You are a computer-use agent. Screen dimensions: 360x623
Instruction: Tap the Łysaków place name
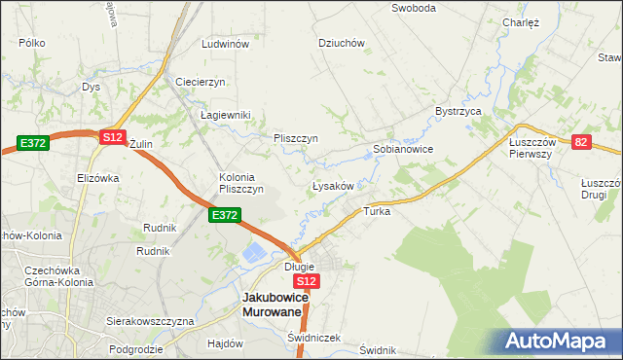tap(338, 185)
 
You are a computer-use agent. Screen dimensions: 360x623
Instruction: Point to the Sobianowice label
tap(403, 150)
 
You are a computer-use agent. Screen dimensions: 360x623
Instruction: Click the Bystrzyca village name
tap(459, 112)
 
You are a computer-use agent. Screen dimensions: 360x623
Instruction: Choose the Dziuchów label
tap(342, 43)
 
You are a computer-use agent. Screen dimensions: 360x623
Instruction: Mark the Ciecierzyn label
tap(201, 82)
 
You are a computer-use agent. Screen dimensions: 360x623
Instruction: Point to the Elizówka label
tap(97, 178)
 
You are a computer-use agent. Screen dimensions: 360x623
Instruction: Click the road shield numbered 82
tap(582, 142)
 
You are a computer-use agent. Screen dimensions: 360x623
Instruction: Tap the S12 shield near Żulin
tap(112, 137)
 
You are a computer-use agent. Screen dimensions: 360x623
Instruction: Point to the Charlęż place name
tap(521, 22)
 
